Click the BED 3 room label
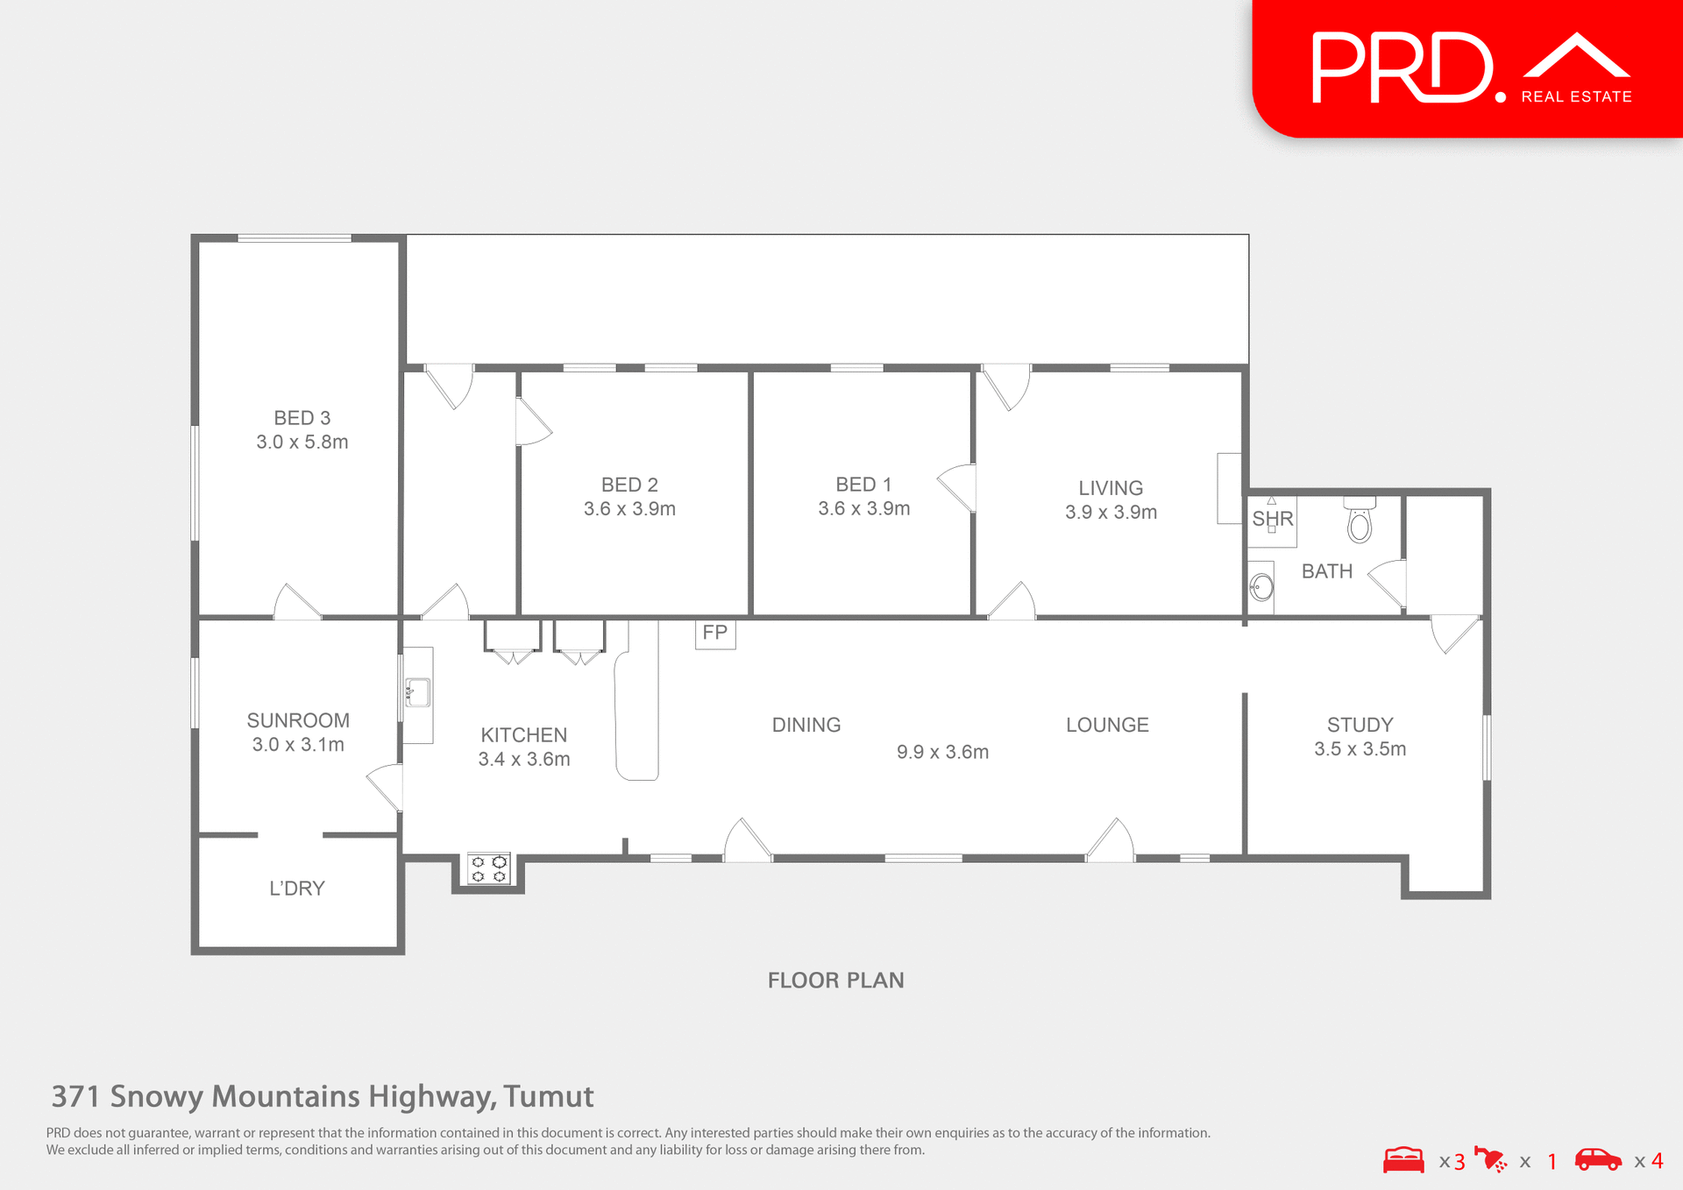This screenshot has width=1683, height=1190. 302,418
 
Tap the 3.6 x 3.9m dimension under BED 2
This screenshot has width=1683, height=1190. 629,509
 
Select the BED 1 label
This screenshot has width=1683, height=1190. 863,485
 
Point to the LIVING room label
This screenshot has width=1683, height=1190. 1111,488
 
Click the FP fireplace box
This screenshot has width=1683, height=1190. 715,633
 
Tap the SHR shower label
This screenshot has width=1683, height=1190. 1273,519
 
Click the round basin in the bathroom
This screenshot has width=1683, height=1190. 1262,587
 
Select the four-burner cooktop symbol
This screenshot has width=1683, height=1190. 489,868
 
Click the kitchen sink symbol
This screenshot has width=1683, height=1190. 417,692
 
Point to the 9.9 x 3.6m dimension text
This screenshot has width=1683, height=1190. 942,752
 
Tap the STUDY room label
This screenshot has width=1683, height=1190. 1360,725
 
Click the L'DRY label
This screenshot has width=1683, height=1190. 297,889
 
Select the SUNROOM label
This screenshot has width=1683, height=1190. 298,720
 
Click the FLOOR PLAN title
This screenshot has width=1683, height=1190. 835,980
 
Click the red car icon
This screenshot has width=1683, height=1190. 1598,1160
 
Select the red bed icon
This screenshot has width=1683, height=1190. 1403,1160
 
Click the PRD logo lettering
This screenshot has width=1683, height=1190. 1402,68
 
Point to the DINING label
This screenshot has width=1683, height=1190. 806,725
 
